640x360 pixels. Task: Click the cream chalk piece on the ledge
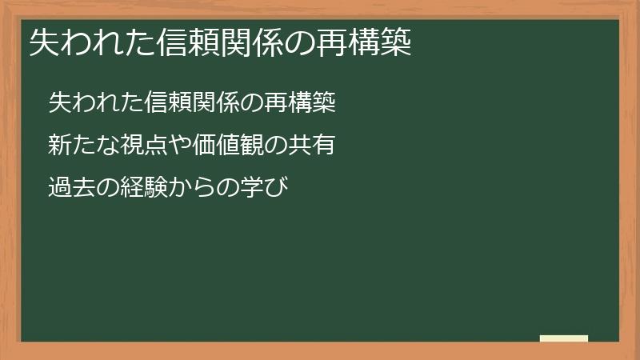pos(564,338)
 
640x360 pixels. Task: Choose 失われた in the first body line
pos(87,102)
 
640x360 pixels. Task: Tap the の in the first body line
pos(250,102)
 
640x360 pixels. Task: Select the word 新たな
pos(78,145)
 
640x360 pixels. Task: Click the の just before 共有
pos(268,145)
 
